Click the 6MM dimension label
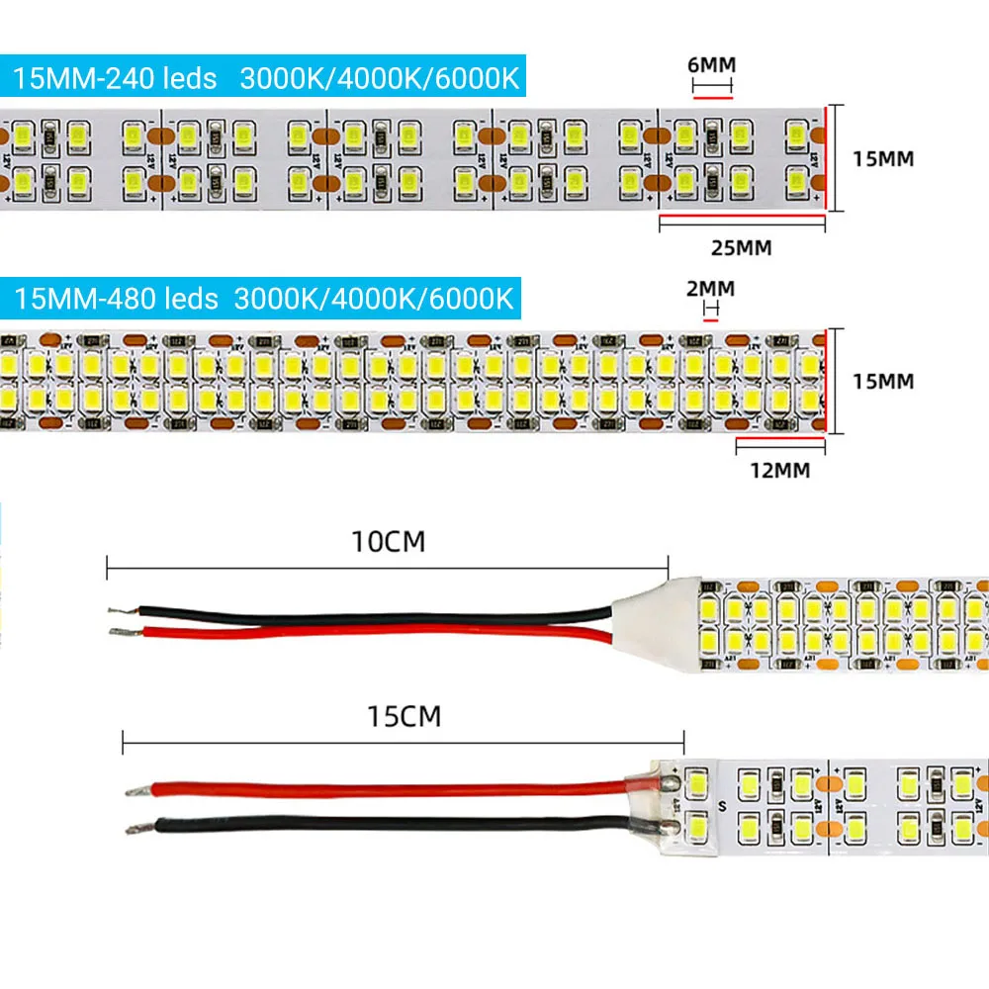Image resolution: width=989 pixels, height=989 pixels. (712, 65)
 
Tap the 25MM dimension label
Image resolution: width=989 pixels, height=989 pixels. (742, 247)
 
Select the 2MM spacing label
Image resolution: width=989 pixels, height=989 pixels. (710, 289)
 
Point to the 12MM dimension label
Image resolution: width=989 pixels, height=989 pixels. (780, 470)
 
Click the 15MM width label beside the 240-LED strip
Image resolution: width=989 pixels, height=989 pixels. (882, 157)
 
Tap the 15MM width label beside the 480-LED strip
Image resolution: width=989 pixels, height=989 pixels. (882, 381)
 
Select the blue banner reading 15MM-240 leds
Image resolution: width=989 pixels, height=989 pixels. (266, 78)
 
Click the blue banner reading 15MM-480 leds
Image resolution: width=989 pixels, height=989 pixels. (264, 297)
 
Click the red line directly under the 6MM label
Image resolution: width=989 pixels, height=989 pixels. (712, 98)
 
